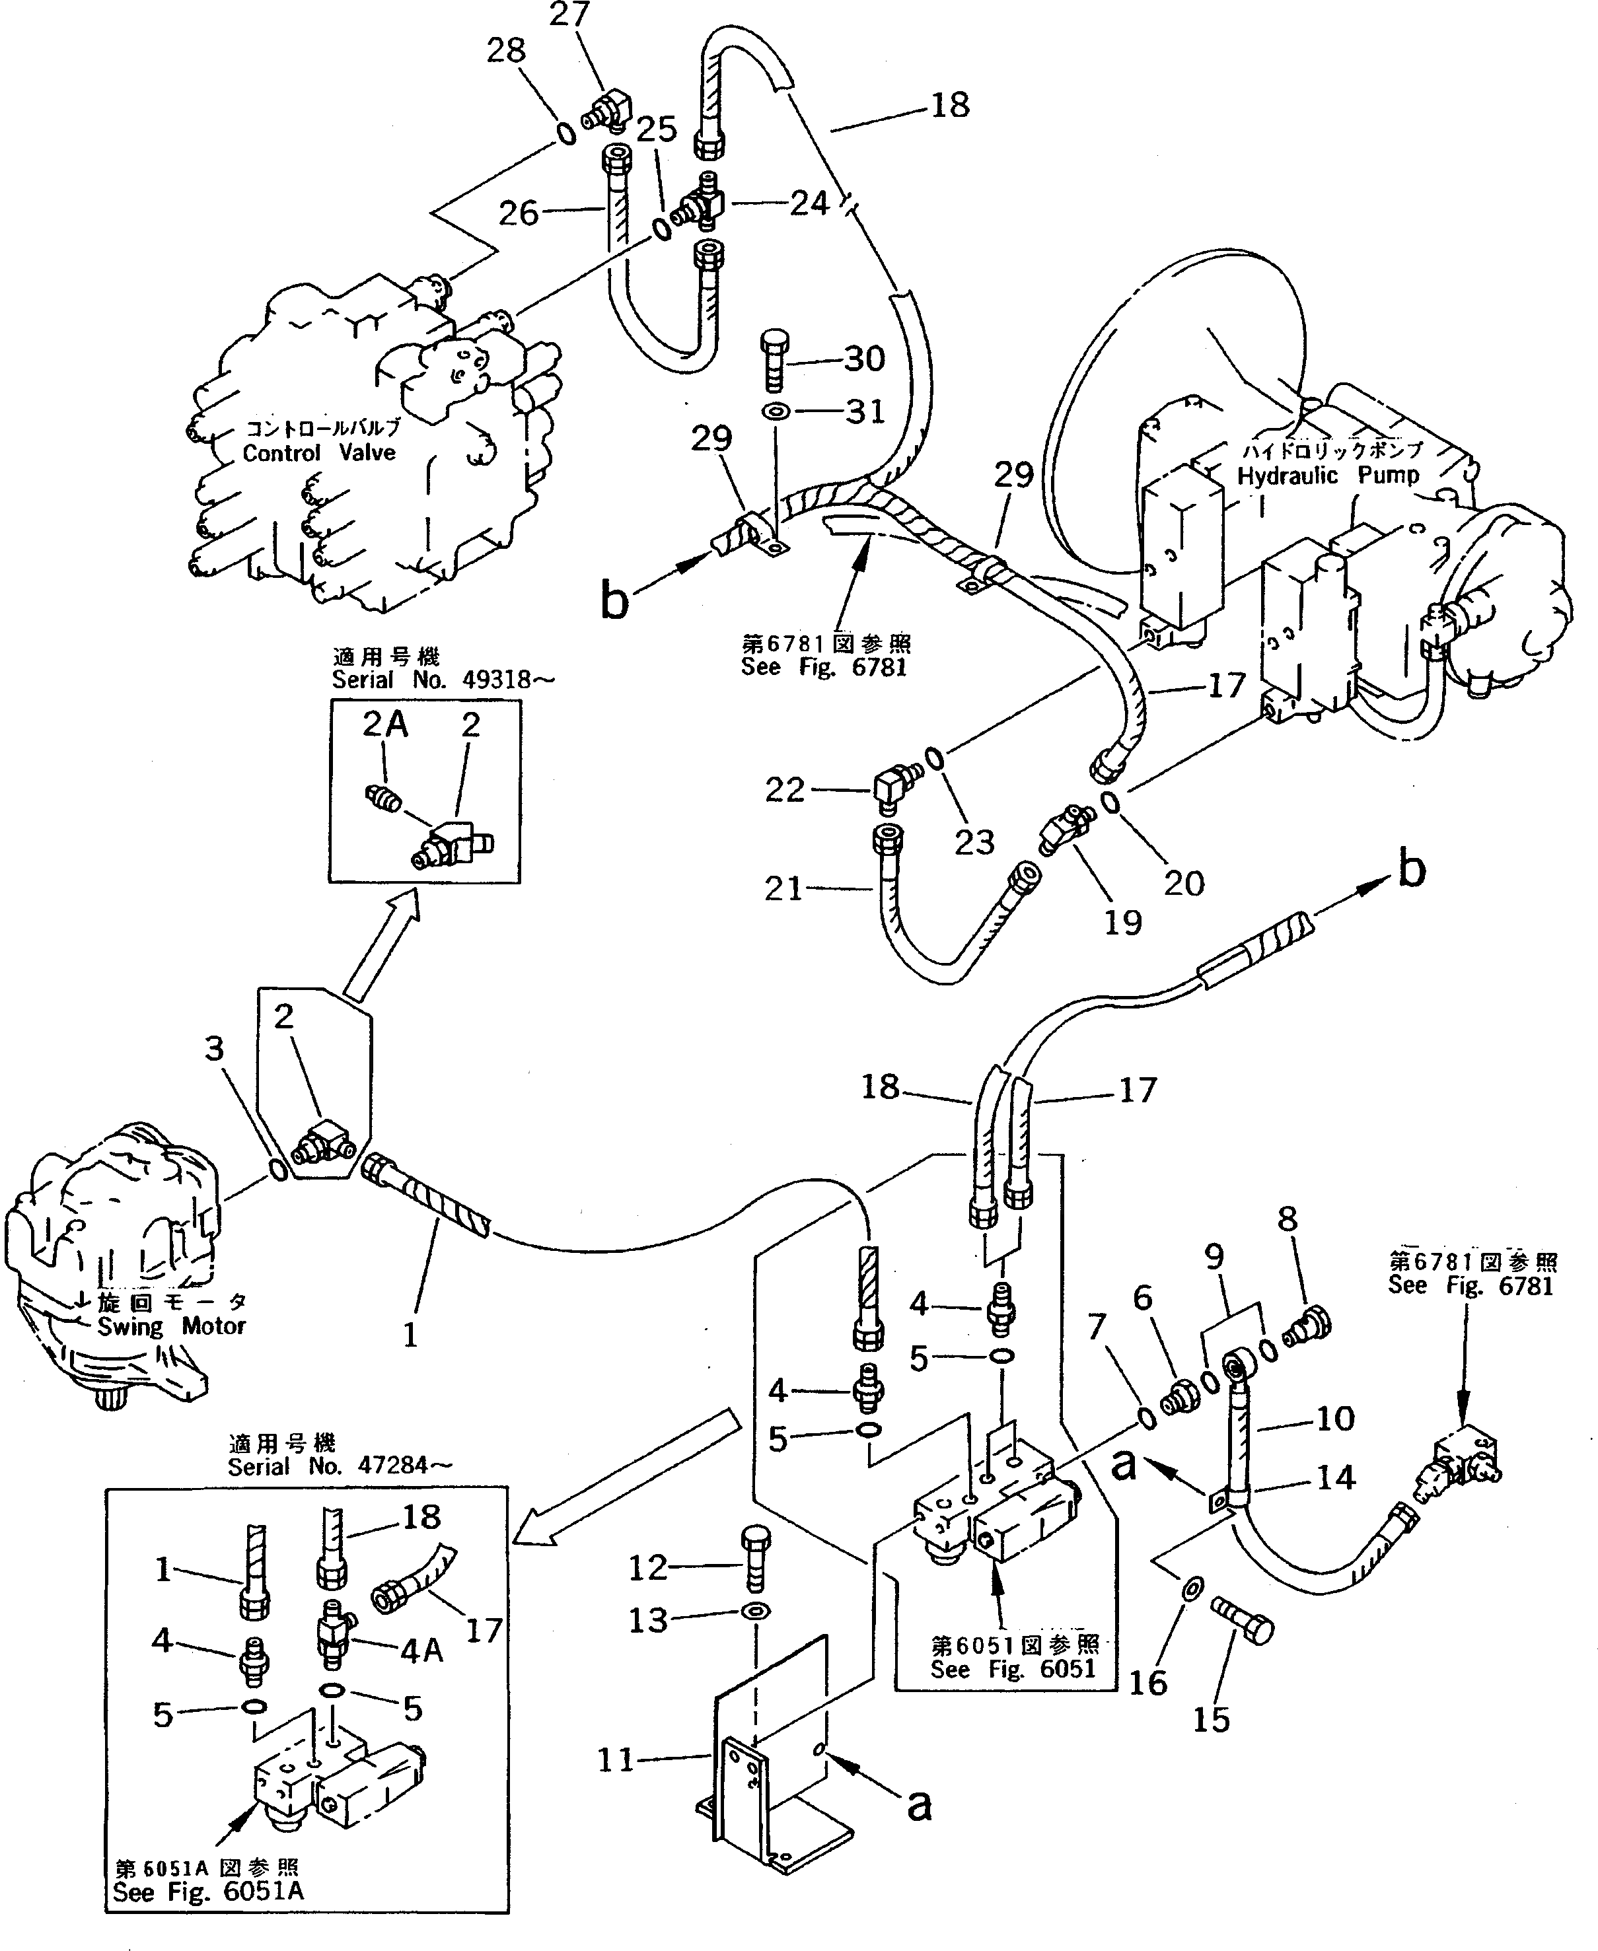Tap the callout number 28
click(506, 51)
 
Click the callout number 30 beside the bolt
click(863, 358)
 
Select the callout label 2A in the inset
click(384, 725)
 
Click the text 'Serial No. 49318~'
click(444, 680)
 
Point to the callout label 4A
click(421, 1651)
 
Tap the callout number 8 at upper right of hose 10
click(1287, 1219)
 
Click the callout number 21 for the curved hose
click(783, 888)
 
